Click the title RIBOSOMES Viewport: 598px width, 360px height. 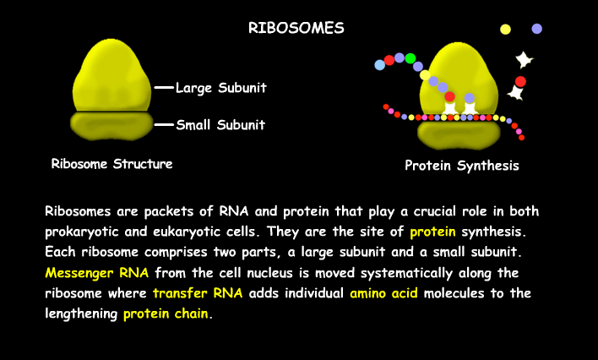coord(296,28)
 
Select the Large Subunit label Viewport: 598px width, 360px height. coord(220,88)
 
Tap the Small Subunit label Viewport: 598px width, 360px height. coord(220,125)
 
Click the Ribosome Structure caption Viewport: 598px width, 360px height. coord(111,164)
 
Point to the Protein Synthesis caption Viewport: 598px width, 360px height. coord(462,166)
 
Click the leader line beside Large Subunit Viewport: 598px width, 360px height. coord(164,88)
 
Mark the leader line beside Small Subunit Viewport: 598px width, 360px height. coord(164,125)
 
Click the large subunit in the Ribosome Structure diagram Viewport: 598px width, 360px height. coord(111,75)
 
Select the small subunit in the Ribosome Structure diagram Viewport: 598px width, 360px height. coord(111,126)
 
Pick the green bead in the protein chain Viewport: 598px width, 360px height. coord(410,58)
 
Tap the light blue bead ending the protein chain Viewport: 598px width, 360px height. coord(380,65)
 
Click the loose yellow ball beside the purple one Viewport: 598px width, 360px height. coord(505,30)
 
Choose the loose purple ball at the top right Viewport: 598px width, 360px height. coord(536,29)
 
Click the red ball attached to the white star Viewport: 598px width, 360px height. coord(520,82)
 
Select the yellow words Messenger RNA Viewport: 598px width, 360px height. coord(97,273)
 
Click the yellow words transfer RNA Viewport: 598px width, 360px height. coord(198,293)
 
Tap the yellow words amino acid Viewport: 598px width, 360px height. coord(383,293)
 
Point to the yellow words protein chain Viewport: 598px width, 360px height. coord(166,314)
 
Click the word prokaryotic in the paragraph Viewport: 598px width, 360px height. coord(82,232)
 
